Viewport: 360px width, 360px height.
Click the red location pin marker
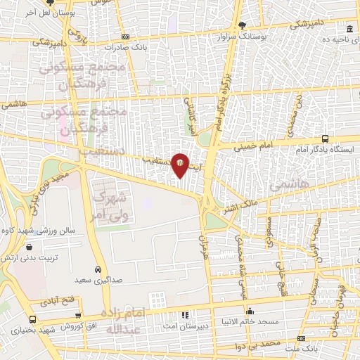click(180, 165)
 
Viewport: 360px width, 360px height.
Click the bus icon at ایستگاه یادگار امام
click(325, 139)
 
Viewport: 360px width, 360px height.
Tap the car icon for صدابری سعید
click(99, 269)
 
